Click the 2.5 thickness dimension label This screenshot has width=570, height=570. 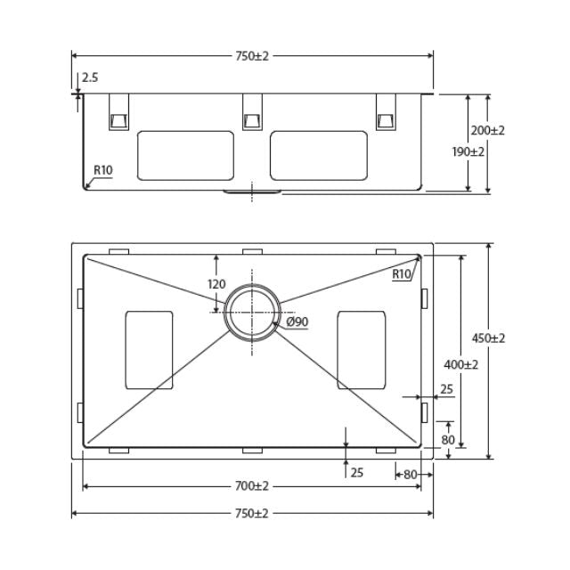tap(90, 78)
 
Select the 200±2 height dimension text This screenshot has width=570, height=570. tap(487, 130)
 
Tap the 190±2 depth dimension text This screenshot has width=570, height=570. tap(468, 151)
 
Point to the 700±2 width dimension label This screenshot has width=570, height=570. tap(252, 486)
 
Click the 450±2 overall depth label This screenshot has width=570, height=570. tap(488, 338)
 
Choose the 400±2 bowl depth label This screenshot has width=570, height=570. tap(460, 364)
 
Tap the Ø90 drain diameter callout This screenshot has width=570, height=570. tap(297, 322)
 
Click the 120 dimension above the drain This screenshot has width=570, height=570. tap(216, 284)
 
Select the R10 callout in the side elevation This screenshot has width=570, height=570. tap(103, 170)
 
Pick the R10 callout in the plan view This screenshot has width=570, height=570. tap(402, 274)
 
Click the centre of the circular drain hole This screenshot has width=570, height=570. tap(253, 313)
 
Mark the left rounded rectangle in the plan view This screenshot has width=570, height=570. tap(150, 350)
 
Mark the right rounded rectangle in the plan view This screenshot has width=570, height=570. tap(362, 350)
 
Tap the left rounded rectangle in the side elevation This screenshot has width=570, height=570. tap(185, 155)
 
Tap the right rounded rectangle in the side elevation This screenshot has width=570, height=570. tap(319, 155)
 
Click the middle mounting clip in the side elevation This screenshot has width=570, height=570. tap(252, 112)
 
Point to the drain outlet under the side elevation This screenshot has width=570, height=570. tap(252, 191)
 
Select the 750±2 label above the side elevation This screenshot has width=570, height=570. tap(252, 55)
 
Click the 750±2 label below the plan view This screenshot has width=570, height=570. tap(252, 514)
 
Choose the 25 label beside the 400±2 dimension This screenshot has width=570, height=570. tap(446, 389)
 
